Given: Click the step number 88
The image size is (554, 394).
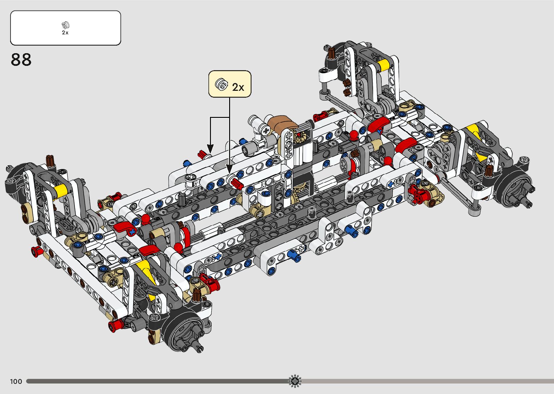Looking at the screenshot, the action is (x=21, y=60).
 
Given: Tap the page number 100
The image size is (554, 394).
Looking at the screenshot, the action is (x=16, y=381).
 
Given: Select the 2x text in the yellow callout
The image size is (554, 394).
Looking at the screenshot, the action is (x=238, y=87).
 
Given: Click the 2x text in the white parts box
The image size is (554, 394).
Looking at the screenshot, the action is (x=65, y=33).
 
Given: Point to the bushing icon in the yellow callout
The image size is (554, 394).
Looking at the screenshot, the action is (x=221, y=84).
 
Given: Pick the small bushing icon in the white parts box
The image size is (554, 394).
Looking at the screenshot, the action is (x=65, y=25).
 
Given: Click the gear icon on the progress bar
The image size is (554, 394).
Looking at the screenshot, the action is (x=295, y=381).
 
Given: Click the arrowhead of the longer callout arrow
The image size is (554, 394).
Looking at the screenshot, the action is (x=229, y=169).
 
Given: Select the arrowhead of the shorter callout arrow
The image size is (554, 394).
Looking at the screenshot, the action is (x=210, y=149).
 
